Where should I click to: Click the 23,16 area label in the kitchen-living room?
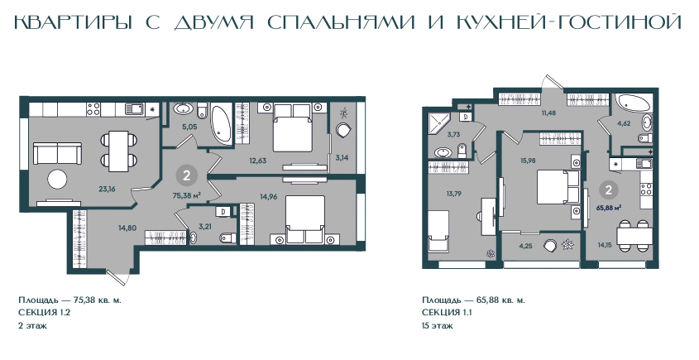[107, 189]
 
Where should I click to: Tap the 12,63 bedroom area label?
[257, 161]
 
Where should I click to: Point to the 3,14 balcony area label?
[342, 157]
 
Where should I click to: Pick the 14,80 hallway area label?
[127, 228]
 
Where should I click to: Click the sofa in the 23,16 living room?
[58, 153]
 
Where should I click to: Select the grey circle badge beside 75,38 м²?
[187, 175]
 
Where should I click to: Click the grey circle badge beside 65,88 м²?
[609, 190]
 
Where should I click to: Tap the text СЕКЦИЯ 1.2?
[45, 312]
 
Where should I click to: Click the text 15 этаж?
[438, 325]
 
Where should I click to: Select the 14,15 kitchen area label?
[606, 244]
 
